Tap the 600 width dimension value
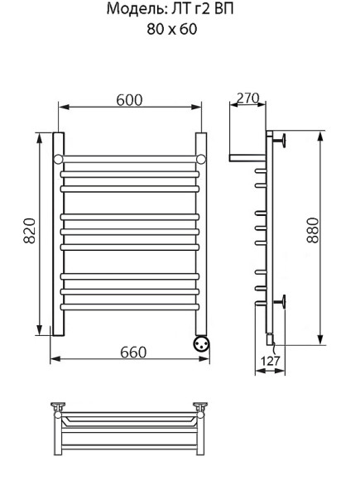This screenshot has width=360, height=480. [128, 99]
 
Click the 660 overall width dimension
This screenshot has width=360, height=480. [130, 353]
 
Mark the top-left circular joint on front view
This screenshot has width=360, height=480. [58, 157]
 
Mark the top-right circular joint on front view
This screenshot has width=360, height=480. [200, 157]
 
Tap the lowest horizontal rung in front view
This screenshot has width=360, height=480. [129, 305]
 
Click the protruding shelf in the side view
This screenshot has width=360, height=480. [246, 156]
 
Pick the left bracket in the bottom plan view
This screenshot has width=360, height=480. [59, 406]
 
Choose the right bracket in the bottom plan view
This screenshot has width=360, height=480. [199, 406]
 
